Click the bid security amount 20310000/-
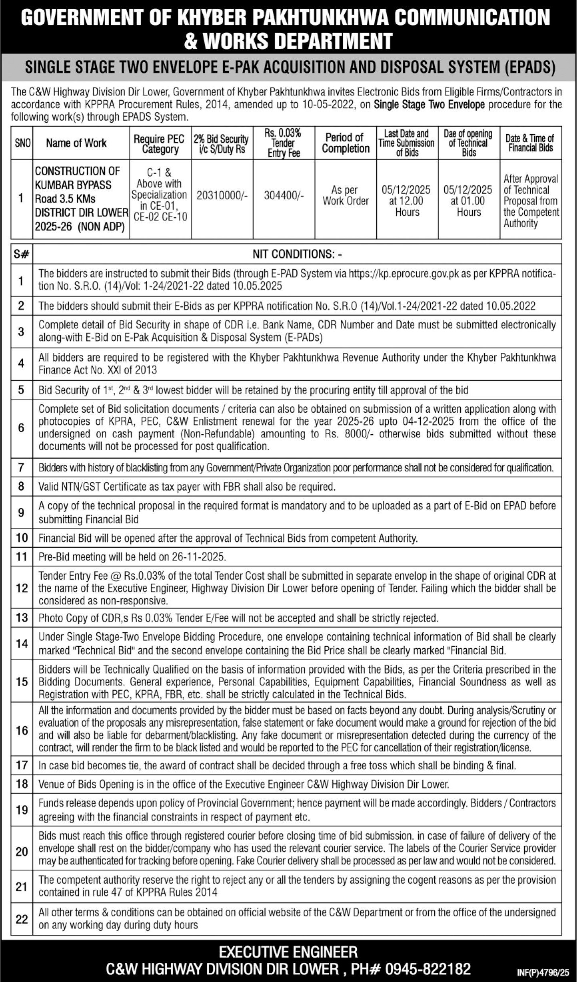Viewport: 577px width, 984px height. click(x=222, y=196)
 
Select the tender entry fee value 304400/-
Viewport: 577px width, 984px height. click(x=284, y=196)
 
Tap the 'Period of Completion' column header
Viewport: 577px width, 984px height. click(x=346, y=143)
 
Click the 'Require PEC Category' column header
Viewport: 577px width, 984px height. click(x=160, y=144)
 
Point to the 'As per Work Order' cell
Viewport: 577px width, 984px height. click(x=346, y=196)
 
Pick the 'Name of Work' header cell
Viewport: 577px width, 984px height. click(x=76, y=143)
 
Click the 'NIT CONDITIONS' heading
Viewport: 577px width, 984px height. click(x=297, y=254)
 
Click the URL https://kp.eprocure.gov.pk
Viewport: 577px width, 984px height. click(x=404, y=273)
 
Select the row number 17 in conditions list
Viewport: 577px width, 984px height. click(x=22, y=765)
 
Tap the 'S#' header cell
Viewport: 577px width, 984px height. click(x=22, y=254)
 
